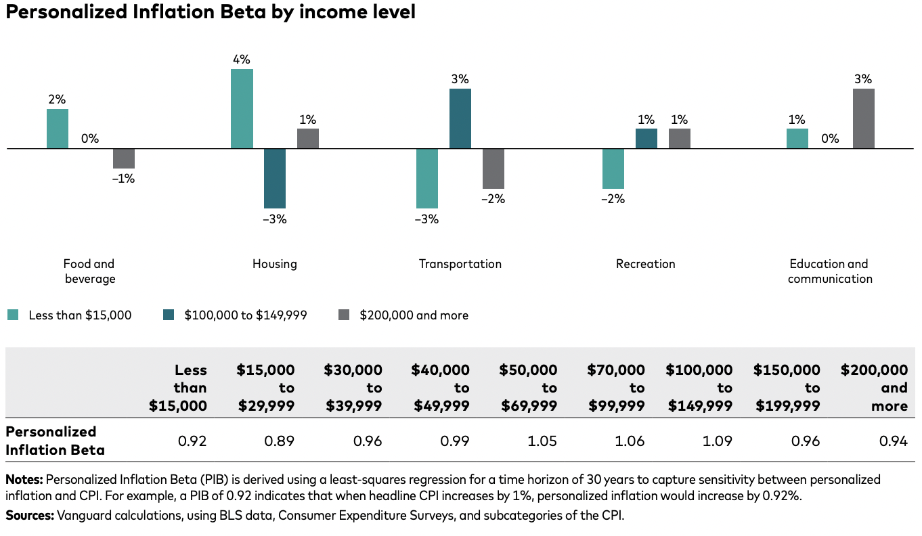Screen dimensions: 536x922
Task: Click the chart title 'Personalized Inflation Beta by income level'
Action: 210,12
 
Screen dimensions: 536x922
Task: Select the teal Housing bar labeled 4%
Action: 242,108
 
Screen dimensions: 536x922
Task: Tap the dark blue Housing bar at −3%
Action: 275,178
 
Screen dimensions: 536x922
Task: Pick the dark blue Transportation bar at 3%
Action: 460,118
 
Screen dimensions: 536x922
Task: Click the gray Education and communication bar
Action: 863,118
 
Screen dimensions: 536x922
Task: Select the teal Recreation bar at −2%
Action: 613,169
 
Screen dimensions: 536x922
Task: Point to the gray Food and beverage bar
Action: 124,158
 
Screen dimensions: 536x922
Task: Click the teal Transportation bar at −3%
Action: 427,178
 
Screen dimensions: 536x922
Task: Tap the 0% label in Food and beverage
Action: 90,139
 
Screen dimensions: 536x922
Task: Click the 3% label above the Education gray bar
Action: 863,79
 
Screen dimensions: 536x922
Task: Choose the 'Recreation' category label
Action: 645,264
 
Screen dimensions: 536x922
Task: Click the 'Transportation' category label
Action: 460,264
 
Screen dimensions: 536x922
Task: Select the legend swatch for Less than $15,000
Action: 13,315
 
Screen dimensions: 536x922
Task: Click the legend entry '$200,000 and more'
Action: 414,315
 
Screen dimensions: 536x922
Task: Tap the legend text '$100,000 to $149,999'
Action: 246,315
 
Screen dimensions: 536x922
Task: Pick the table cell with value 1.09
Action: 718,441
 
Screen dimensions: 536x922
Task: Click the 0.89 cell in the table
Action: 280,441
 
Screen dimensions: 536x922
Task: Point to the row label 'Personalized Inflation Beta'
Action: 54,441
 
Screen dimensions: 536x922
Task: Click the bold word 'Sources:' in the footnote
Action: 30,515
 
